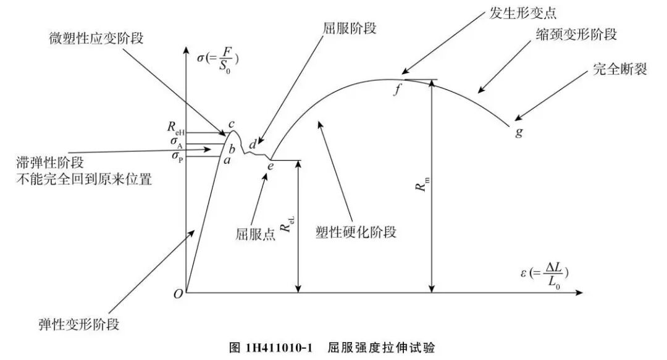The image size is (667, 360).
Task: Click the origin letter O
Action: [x=178, y=294]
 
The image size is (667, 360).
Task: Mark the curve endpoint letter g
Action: [x=518, y=132]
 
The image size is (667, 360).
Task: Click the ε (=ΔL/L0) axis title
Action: [x=544, y=272]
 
